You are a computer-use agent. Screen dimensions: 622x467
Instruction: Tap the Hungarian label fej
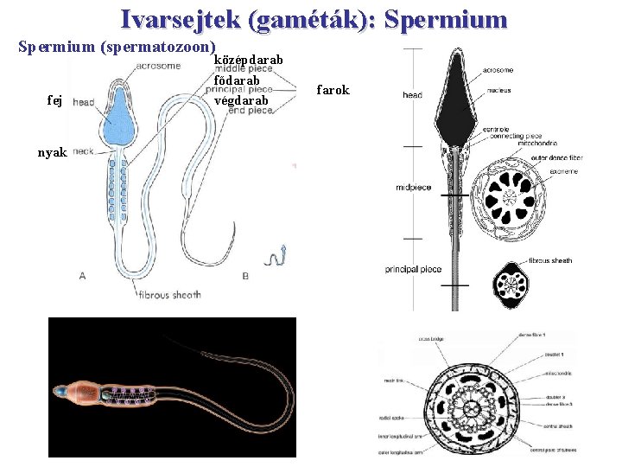(x=55, y=100)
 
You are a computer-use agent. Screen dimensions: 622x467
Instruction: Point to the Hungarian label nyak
(x=52, y=152)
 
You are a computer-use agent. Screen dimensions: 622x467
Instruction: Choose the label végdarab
(x=241, y=100)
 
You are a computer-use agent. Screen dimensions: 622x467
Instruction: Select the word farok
(x=333, y=90)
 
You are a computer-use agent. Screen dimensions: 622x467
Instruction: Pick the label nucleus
(x=498, y=90)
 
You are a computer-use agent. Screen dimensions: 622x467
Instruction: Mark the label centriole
(x=495, y=130)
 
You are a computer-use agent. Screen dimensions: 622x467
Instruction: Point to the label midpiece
(x=412, y=187)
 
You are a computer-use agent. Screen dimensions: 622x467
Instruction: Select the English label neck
(x=83, y=151)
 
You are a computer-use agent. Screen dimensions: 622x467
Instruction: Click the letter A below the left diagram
(x=82, y=275)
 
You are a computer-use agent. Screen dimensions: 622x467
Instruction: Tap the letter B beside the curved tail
(x=245, y=275)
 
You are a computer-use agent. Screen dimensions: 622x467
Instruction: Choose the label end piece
(x=251, y=111)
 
